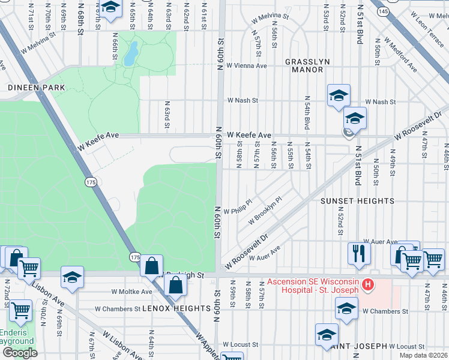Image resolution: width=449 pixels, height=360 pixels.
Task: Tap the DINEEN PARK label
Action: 28,87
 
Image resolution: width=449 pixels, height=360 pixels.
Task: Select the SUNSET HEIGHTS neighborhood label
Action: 357,201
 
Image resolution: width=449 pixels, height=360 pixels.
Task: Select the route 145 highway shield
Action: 382,11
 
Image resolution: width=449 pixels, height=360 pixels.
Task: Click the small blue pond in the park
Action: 130,55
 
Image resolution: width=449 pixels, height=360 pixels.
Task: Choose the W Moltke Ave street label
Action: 131,292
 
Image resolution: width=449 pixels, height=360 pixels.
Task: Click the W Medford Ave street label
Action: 403,55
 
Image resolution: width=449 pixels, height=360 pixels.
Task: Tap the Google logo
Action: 20,353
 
